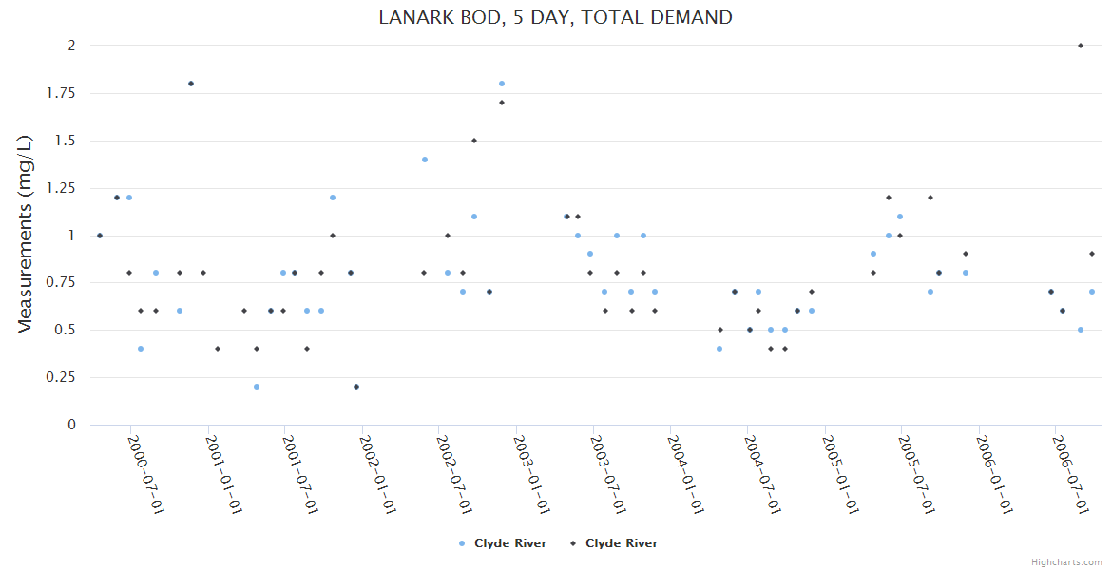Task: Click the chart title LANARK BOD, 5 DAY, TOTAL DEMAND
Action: click(556, 17)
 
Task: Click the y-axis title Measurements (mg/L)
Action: click(26, 234)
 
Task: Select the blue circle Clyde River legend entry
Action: click(503, 543)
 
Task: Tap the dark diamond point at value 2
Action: click(1081, 46)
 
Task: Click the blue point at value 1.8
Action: click(502, 84)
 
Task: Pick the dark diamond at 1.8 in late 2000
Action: click(191, 84)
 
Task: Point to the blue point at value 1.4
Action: click(425, 160)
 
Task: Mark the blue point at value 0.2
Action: click(257, 387)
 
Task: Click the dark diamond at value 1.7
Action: click(502, 103)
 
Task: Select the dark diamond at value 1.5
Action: click(474, 141)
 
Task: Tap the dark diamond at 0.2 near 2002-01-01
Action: click(356, 387)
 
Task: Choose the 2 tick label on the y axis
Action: click(70, 46)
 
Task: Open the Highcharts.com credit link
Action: click(1066, 561)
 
